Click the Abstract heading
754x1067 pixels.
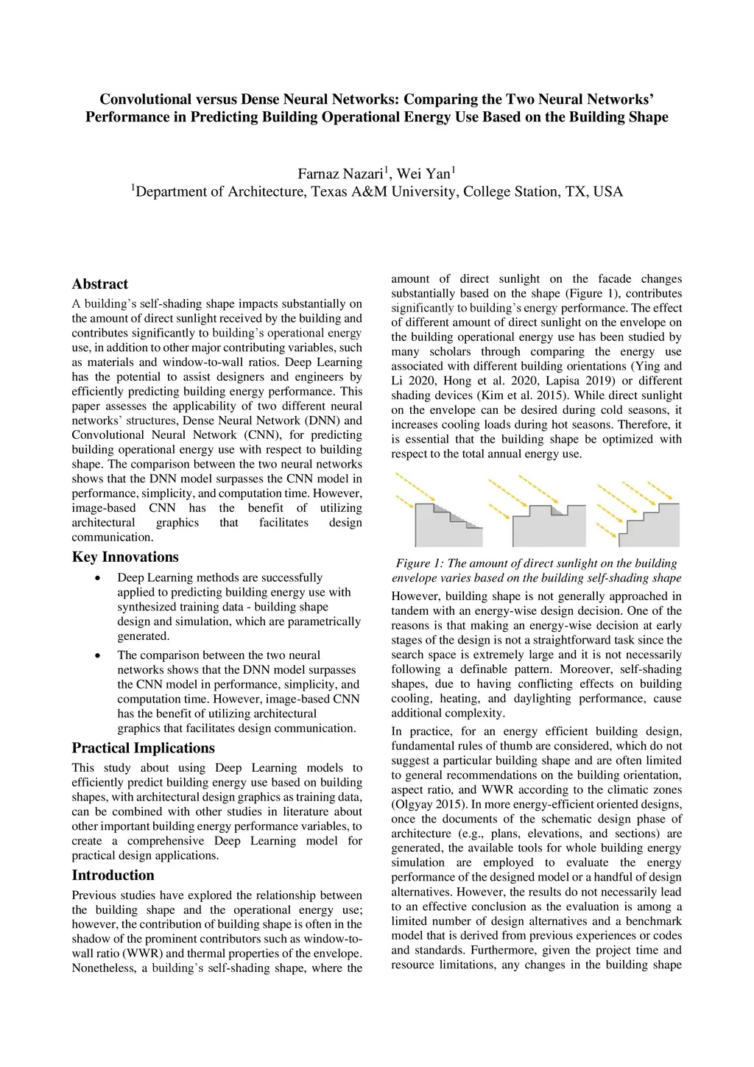99,284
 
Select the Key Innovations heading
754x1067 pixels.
125,557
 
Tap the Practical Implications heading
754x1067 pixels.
143,748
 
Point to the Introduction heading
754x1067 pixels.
113,876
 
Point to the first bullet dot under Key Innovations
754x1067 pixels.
98,578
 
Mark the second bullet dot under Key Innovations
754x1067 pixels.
98,655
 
